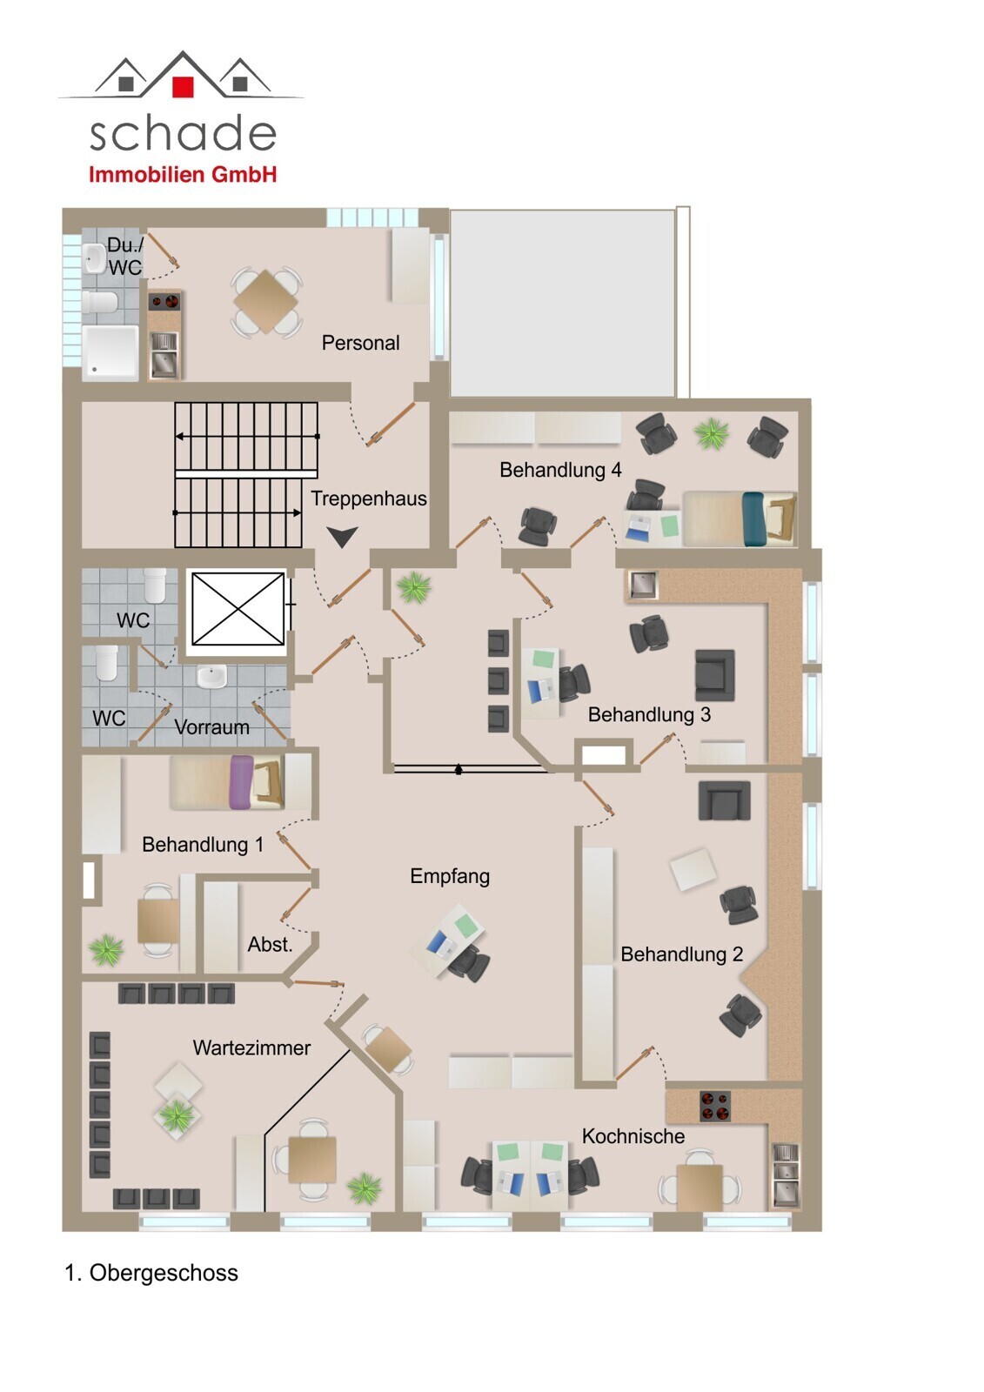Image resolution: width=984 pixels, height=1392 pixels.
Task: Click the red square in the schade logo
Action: coord(182,86)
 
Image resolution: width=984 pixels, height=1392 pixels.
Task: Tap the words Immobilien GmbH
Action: coord(183,175)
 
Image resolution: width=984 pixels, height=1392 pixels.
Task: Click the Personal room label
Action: coord(360,343)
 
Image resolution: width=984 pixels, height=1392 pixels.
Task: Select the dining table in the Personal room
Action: coord(266,302)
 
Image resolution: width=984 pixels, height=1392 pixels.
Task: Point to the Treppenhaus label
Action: coord(369,499)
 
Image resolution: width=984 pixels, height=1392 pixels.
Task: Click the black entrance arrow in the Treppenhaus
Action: coord(343,537)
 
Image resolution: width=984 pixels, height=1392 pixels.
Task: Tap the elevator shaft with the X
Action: coord(238,609)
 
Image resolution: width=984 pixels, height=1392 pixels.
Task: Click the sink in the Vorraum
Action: coord(212,676)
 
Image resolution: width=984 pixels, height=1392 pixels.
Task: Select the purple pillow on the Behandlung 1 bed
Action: coord(241,782)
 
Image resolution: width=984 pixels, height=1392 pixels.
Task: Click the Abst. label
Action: coord(270,945)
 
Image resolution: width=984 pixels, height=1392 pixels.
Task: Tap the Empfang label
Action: coord(450,876)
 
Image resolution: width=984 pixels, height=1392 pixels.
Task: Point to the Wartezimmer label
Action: coord(251,1047)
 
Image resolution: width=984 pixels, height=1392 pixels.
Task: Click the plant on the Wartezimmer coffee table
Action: coord(177,1116)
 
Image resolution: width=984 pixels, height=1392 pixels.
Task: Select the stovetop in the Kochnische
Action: coord(715,1107)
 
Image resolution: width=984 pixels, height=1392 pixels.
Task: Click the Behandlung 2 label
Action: coord(682,954)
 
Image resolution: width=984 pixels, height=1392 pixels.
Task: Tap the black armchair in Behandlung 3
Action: coord(715,675)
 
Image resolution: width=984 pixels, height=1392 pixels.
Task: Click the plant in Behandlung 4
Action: coord(712,433)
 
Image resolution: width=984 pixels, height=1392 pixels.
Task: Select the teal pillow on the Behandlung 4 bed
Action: coord(753,519)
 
